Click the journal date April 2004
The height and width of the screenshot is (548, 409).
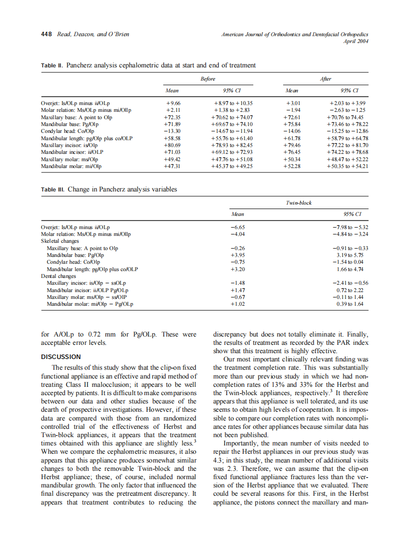[356, 42]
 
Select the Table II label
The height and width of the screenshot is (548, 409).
[52, 65]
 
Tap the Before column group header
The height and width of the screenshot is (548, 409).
[208, 79]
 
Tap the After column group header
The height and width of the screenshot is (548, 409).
[326, 79]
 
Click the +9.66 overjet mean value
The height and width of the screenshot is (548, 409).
[174, 104]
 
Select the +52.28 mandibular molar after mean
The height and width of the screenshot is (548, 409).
[292, 166]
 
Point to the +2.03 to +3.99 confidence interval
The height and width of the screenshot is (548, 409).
[348, 104]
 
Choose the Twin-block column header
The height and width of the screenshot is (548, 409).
[299, 202]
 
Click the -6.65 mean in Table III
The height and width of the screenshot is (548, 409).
[237, 227]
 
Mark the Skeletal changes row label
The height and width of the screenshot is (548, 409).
[60, 241]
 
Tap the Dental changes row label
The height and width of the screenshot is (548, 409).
[58, 276]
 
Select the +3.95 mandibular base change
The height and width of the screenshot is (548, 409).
[237, 255]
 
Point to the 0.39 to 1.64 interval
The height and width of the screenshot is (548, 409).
[350, 304]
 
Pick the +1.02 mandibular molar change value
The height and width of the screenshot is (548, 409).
[237, 304]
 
